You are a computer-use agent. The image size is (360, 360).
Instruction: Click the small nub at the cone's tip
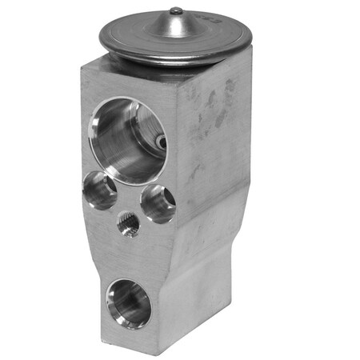click(176, 10)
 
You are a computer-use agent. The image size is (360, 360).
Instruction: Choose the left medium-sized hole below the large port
click(101, 190)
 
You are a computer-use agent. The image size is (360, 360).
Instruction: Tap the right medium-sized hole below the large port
click(158, 203)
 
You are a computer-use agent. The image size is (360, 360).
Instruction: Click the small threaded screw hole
click(128, 225)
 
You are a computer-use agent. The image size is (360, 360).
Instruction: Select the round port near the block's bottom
click(129, 302)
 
